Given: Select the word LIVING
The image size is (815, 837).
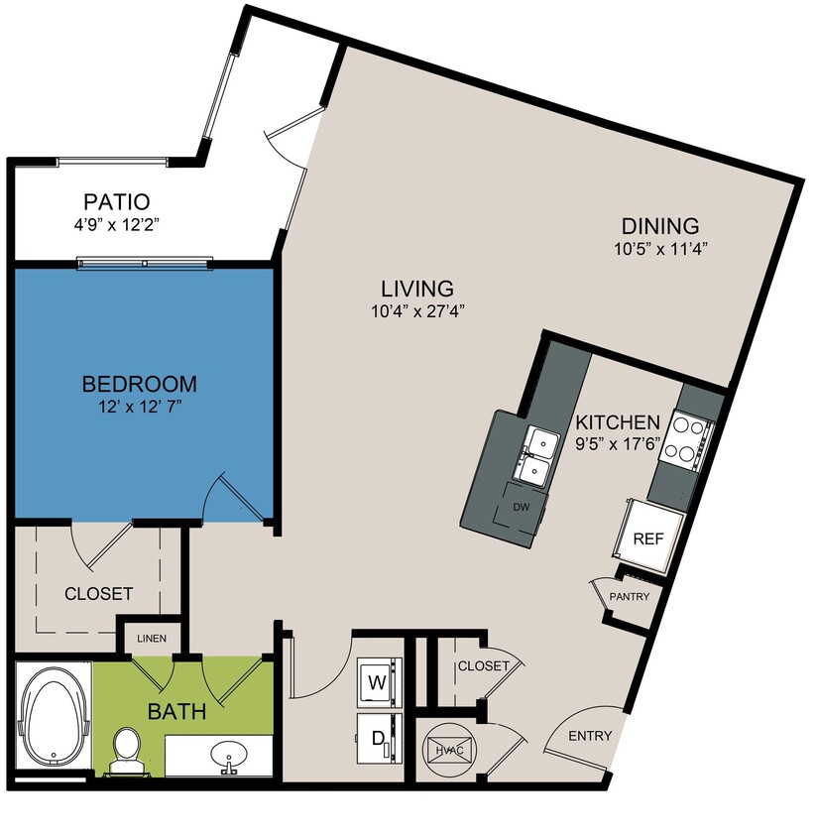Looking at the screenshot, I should point(416,289).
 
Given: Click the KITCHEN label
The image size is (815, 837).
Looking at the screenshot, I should point(618,421).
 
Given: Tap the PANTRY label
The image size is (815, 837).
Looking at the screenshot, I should point(630,597).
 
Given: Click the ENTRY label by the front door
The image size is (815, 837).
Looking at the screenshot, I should point(590,736).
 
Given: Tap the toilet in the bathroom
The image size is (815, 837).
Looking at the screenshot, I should point(127,748).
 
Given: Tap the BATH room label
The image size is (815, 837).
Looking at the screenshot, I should point(177,711).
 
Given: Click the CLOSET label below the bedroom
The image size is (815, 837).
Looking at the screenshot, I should point(98,594).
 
